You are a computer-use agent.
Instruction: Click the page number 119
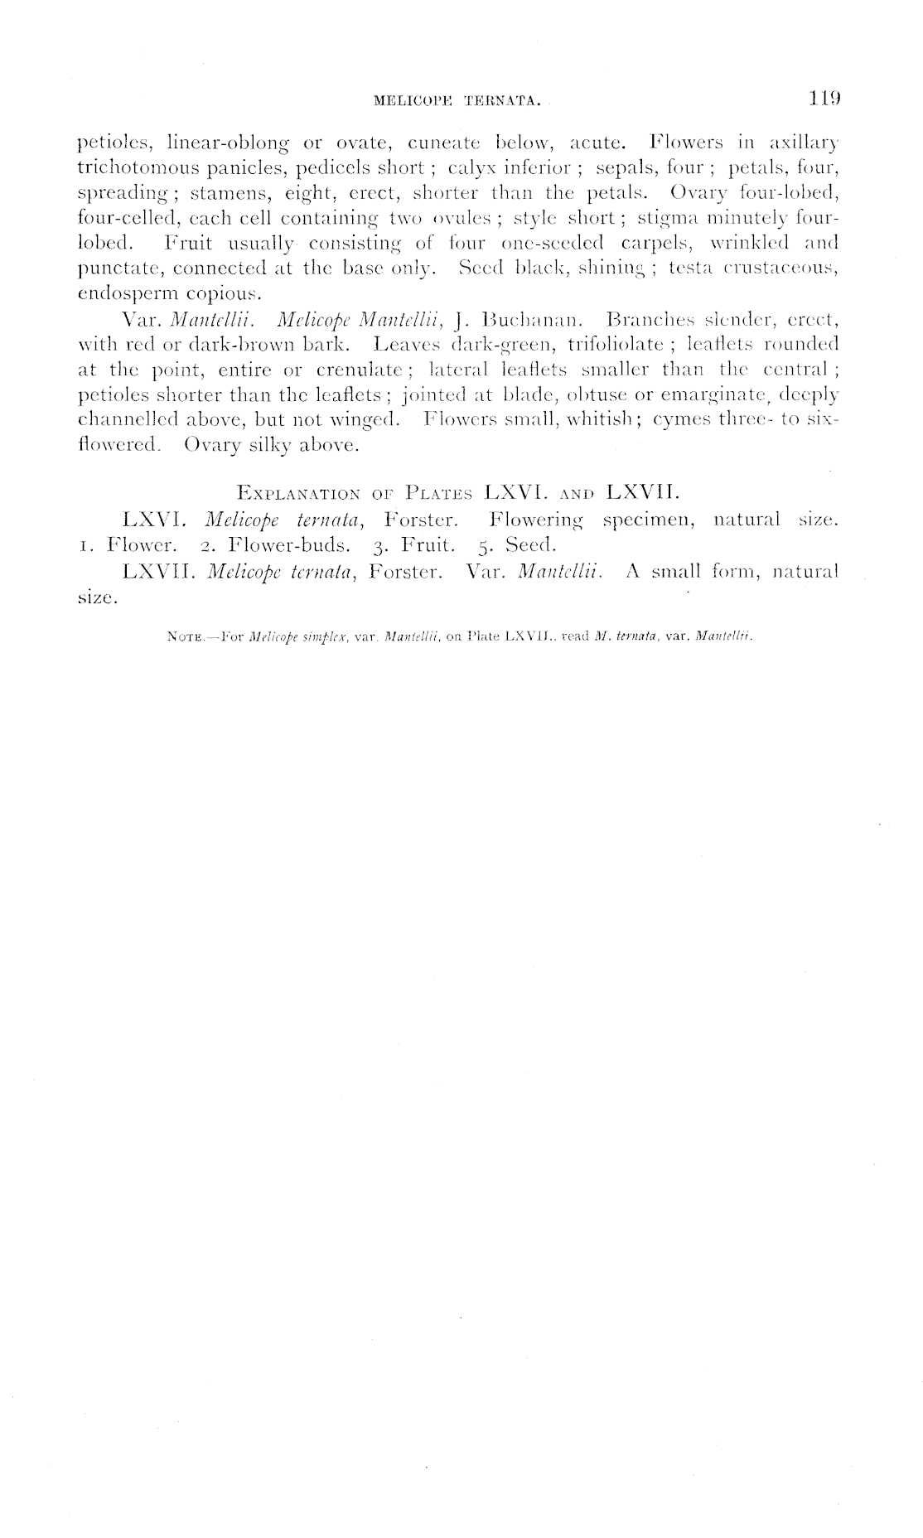pyautogui.click(x=825, y=100)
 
